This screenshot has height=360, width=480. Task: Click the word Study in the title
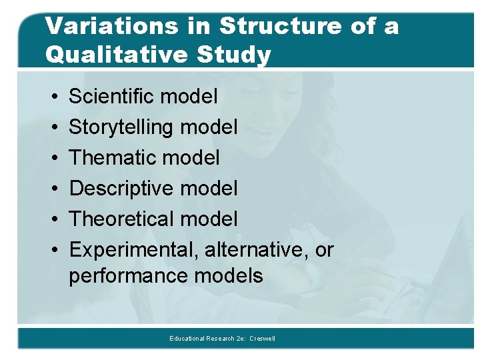238,55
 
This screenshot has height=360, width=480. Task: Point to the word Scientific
109,97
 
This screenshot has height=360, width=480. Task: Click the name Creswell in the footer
263,339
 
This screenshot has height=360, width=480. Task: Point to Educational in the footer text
186,339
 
